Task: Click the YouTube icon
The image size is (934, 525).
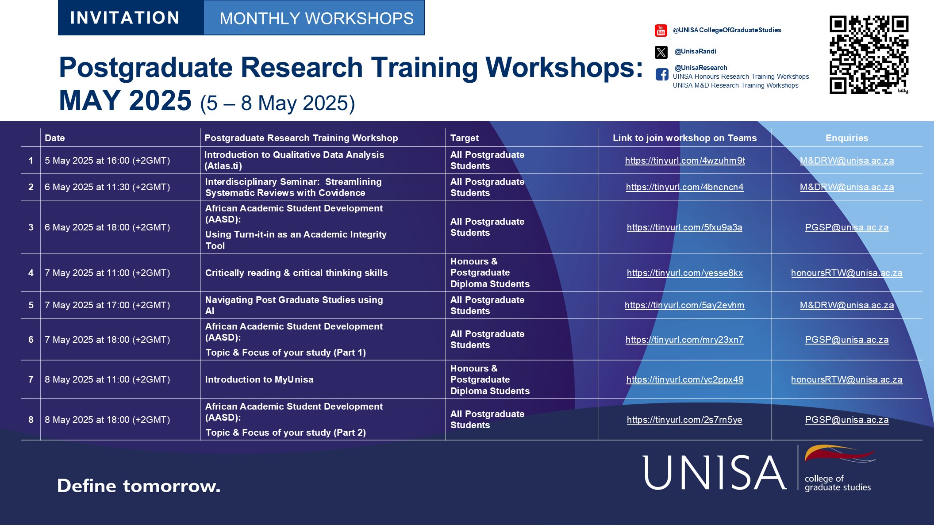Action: pyautogui.click(x=661, y=31)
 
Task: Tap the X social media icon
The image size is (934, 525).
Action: pyautogui.click(x=661, y=52)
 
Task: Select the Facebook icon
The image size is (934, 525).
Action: pyautogui.click(x=662, y=74)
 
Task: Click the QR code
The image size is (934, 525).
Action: pyautogui.click(x=869, y=54)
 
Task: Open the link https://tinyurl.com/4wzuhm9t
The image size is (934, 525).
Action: pyautogui.click(x=684, y=161)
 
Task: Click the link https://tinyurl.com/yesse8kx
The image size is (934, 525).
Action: pyautogui.click(x=684, y=273)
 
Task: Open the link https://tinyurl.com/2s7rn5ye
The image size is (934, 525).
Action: pyautogui.click(x=684, y=420)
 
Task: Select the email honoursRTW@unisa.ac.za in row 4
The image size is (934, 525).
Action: pyautogui.click(x=846, y=273)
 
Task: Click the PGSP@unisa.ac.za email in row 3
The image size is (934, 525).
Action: pyautogui.click(x=846, y=227)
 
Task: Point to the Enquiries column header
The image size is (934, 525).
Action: pyautogui.click(x=846, y=138)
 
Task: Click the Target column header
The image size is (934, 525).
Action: pyautogui.click(x=464, y=138)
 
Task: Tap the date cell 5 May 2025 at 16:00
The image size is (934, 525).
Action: pyautogui.click(x=107, y=161)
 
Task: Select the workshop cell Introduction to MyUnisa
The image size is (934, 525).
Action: pyautogui.click(x=259, y=379)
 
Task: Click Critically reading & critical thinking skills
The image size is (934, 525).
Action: pyautogui.click(x=296, y=273)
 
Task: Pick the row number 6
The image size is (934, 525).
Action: pyautogui.click(x=31, y=340)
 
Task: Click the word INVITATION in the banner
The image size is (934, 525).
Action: pyautogui.click(x=125, y=18)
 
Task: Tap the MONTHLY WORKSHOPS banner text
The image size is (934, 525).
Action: pyautogui.click(x=316, y=19)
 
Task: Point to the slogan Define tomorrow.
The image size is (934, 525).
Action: pyautogui.click(x=138, y=486)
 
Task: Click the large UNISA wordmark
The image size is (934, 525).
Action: pyautogui.click(x=714, y=473)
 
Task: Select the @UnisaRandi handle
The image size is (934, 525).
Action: pyautogui.click(x=695, y=51)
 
